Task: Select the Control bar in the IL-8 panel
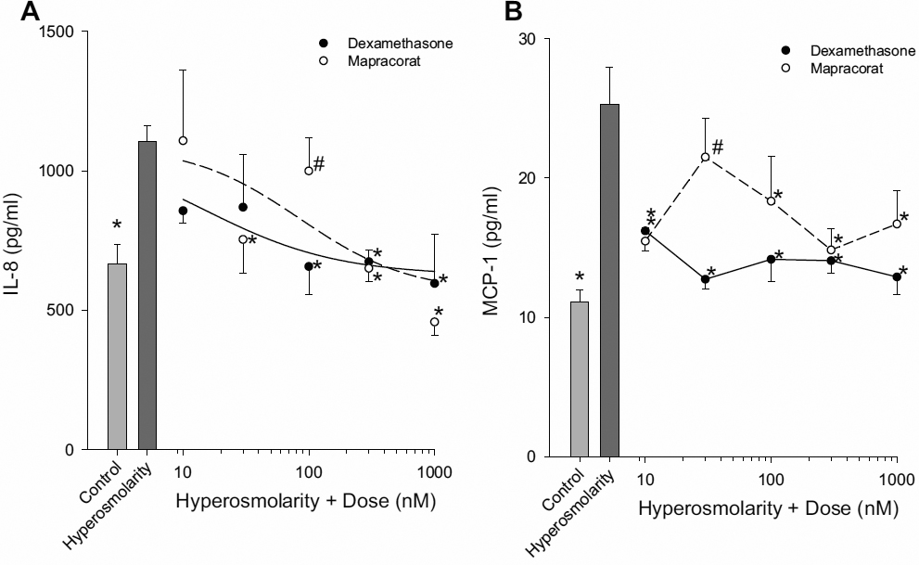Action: click(x=117, y=357)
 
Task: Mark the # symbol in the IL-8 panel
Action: click(x=319, y=163)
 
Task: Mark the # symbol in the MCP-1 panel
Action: click(x=717, y=149)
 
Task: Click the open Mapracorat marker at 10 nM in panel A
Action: click(x=184, y=140)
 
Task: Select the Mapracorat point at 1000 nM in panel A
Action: click(x=434, y=322)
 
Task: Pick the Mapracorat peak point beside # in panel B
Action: click(x=706, y=157)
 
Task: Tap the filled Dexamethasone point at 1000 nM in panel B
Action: click(x=897, y=276)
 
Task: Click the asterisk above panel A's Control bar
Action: click(x=117, y=225)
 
